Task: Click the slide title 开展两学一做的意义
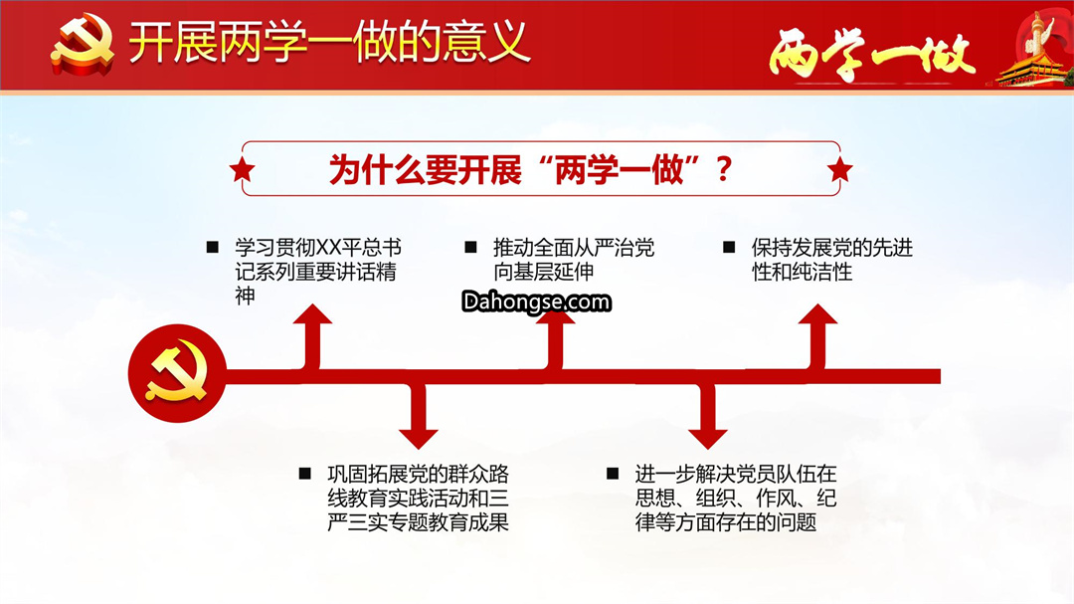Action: pyautogui.click(x=329, y=43)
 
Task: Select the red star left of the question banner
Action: pyautogui.click(x=242, y=169)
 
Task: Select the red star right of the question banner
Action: pyautogui.click(x=839, y=169)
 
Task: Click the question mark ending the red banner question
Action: pyautogui.click(x=723, y=169)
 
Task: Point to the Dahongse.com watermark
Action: pyautogui.click(x=536, y=302)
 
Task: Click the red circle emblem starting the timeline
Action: pyautogui.click(x=177, y=373)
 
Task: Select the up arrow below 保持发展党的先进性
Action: pyautogui.click(x=817, y=336)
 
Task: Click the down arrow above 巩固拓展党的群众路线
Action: pyautogui.click(x=419, y=416)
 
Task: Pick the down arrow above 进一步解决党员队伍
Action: pyautogui.click(x=708, y=416)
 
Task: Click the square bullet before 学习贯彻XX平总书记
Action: pyautogui.click(x=213, y=248)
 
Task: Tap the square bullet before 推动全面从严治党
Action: pyautogui.click(x=470, y=248)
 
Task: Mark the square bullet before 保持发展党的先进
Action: pyautogui.click(x=729, y=248)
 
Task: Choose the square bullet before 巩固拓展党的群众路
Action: pyautogui.click(x=305, y=474)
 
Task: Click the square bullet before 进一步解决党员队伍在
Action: pyautogui.click(x=613, y=474)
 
